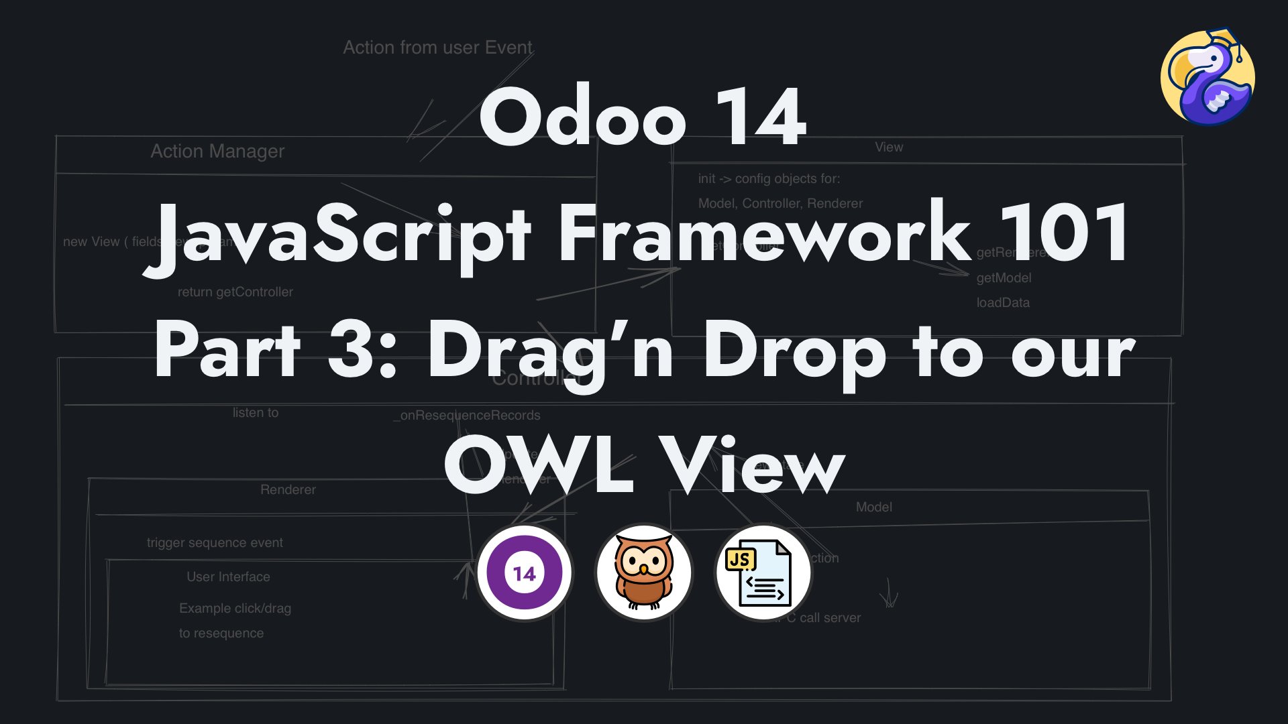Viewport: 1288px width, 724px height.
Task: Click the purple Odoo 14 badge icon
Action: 524,573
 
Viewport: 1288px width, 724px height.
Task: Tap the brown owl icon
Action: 643,573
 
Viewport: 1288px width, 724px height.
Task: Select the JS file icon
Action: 763,573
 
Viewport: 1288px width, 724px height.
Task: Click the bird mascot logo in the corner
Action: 1208,77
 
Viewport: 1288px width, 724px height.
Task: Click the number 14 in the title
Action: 760,117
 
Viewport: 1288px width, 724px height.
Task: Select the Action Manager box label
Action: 217,152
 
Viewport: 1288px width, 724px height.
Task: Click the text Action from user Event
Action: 437,48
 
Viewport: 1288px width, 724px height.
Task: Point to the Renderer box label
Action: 288,490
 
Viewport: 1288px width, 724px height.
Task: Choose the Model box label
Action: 873,507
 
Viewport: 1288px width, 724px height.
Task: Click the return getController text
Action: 235,292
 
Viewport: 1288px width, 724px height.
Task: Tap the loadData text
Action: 1002,303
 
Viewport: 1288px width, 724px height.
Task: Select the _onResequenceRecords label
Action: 467,416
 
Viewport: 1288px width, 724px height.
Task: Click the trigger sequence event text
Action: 215,543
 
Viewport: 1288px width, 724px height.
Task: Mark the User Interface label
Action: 228,577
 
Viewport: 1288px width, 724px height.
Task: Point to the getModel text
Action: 1004,278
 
